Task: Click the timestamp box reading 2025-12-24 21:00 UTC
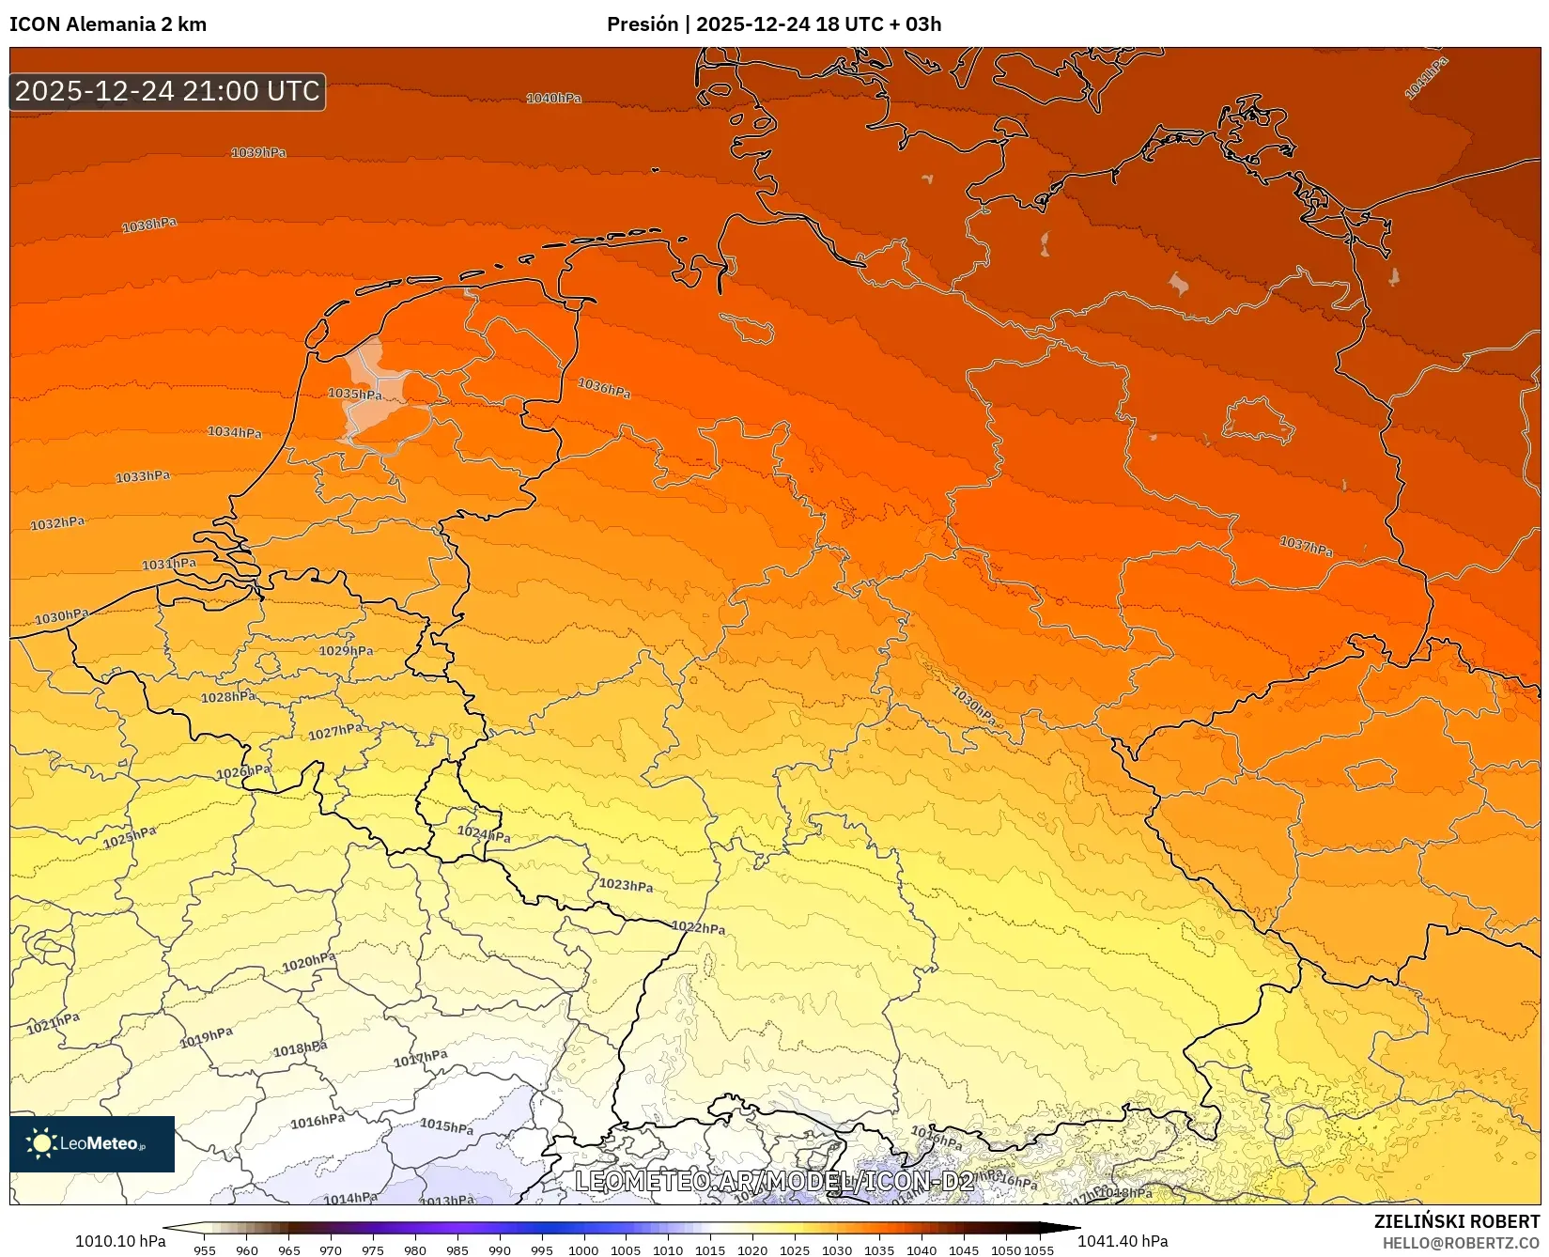tap(167, 91)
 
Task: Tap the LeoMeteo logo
tap(92, 1143)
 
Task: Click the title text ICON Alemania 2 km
tap(108, 24)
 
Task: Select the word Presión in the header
tap(642, 24)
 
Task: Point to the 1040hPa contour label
tap(553, 99)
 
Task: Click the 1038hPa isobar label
tap(149, 225)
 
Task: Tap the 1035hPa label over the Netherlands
tap(354, 394)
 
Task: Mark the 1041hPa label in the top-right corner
tap(1426, 78)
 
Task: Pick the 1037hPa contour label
tap(1306, 546)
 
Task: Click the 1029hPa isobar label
tap(346, 651)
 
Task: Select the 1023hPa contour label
tap(626, 885)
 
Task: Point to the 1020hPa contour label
tap(309, 962)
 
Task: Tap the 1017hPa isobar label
tap(420, 1059)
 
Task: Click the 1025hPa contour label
tap(130, 836)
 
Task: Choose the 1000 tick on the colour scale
tap(583, 1249)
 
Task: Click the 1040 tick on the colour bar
tap(922, 1249)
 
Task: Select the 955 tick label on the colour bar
tap(205, 1249)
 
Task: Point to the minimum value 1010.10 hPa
tap(120, 1241)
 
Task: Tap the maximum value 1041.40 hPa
tap(1123, 1241)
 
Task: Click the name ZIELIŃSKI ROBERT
tap(1457, 1221)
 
